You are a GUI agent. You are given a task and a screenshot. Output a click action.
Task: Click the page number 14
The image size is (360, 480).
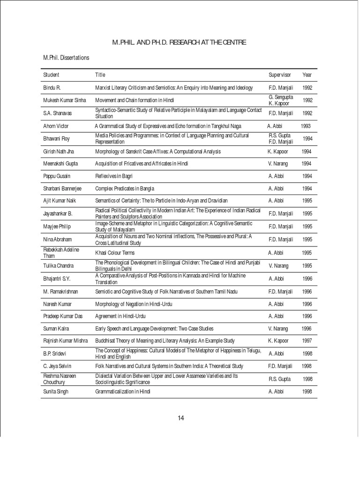(180, 418)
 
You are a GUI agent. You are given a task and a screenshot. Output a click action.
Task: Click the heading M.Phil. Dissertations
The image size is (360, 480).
(66, 58)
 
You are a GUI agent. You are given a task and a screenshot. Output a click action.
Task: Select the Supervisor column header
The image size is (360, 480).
(280, 75)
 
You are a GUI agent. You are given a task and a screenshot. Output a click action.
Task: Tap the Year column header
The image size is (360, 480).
(307, 75)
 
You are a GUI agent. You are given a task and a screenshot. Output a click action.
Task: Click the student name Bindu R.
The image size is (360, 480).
(52, 88)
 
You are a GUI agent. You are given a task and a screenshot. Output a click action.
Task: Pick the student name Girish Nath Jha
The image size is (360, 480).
(60, 152)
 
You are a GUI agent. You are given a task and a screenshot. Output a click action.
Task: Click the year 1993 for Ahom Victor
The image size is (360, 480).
(305, 126)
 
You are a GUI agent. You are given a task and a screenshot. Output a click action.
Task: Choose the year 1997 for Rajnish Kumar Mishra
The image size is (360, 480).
(307, 341)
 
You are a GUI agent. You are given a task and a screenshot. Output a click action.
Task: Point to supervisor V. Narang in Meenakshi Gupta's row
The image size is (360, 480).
(278, 164)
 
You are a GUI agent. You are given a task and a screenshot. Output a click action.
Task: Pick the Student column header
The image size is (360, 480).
(51, 75)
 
